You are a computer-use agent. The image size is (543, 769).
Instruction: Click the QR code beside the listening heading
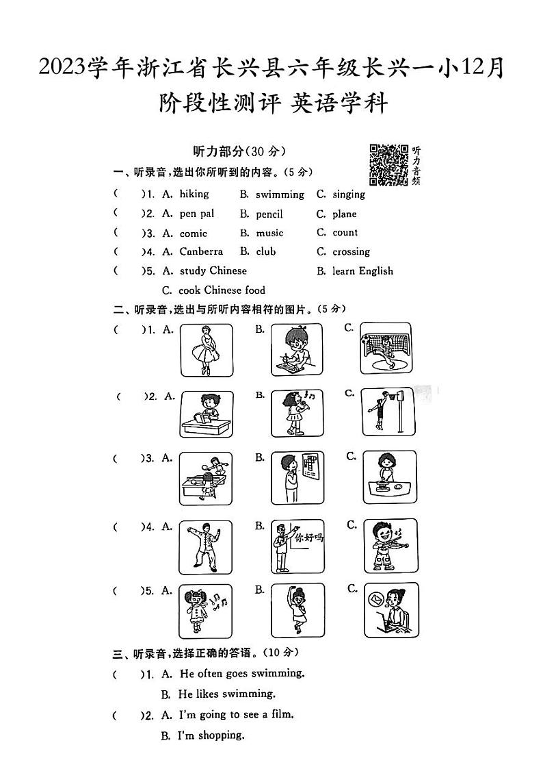click(388, 164)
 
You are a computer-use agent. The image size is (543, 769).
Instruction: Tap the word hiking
click(194, 194)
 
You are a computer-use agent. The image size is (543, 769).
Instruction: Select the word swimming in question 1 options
click(280, 194)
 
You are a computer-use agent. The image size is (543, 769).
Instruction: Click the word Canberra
click(201, 251)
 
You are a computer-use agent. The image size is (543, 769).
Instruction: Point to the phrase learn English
click(362, 270)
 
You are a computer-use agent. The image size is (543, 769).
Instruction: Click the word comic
click(193, 233)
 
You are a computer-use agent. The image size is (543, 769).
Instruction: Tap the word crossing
click(351, 251)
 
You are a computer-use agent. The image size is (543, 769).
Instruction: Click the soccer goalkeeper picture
click(388, 349)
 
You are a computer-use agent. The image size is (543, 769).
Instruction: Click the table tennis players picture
click(205, 479)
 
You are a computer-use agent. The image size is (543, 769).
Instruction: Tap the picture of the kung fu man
click(205, 547)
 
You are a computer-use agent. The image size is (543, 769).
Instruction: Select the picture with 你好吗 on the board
click(297, 546)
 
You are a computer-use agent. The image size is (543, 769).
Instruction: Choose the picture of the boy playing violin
click(388, 546)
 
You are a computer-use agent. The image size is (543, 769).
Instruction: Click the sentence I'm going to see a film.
click(236, 714)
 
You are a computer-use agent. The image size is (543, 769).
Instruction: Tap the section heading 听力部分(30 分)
click(239, 151)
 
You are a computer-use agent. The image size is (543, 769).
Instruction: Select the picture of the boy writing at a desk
click(296, 349)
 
